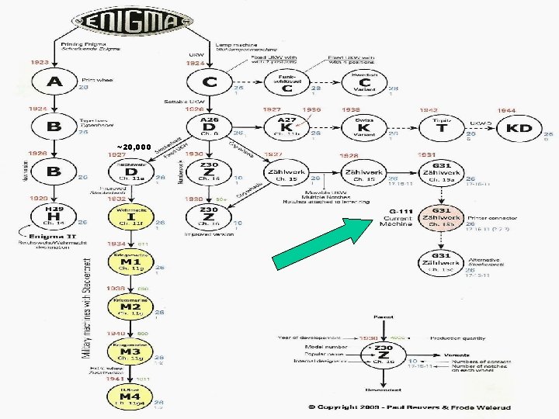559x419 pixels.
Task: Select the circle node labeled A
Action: [x=55, y=82]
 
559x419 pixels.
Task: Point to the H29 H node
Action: [x=54, y=216]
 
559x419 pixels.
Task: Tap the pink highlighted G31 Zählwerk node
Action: [x=441, y=218]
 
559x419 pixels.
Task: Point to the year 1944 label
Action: [x=506, y=111]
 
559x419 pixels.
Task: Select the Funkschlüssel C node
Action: [x=287, y=82]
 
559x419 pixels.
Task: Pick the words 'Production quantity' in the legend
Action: [x=457, y=338]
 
